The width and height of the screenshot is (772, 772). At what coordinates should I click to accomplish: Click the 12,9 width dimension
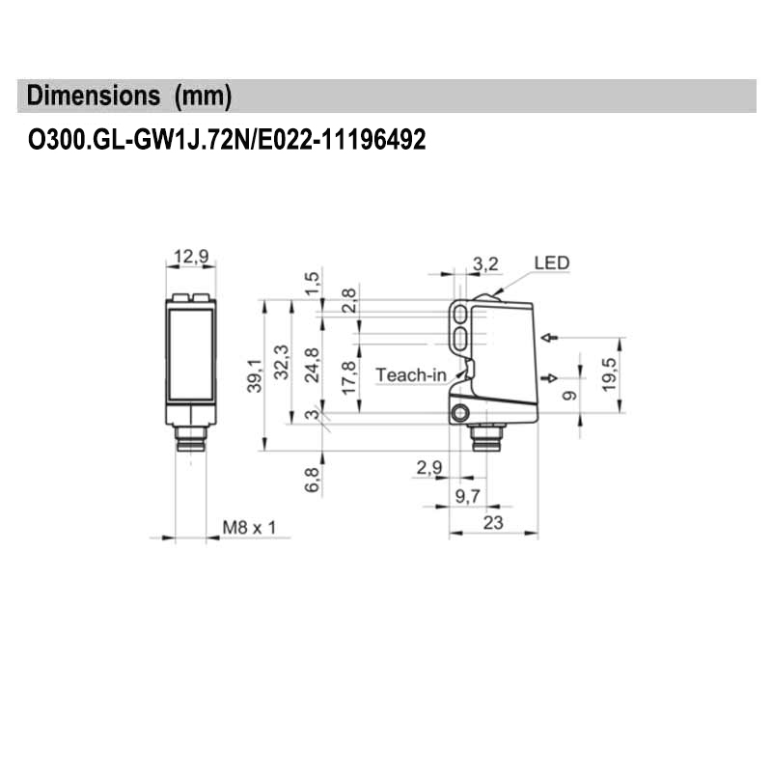click(x=190, y=257)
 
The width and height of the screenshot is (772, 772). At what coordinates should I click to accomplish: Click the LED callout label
click(x=551, y=262)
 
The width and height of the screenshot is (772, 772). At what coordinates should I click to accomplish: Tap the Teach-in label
click(x=409, y=374)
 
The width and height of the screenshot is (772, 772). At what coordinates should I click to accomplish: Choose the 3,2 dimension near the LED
click(x=486, y=262)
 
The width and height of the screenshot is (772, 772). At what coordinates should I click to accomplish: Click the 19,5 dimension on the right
click(x=609, y=372)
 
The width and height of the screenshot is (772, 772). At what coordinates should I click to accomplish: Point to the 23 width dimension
click(x=493, y=523)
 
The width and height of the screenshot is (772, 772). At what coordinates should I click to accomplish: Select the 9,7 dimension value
click(x=467, y=496)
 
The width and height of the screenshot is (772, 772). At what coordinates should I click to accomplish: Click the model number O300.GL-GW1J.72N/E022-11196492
click(x=227, y=141)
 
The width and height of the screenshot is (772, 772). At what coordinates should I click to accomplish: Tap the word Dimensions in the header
click(x=93, y=96)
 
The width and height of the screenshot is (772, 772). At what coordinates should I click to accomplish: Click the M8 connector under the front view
click(x=190, y=444)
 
